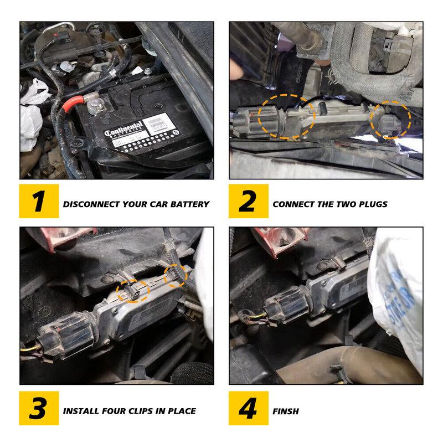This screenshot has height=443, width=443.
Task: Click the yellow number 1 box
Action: tap(39, 203)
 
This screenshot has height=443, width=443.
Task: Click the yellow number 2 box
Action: tap(248, 203)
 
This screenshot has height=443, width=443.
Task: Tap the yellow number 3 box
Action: tap(39, 410)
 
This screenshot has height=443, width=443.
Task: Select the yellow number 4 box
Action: tap(248, 410)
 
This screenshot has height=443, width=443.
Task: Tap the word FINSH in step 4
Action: tap(286, 411)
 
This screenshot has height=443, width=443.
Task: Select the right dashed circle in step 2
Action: tap(390, 119)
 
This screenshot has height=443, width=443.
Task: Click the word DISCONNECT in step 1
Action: tap(89, 204)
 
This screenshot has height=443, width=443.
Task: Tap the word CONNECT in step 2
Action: tap(295, 204)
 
